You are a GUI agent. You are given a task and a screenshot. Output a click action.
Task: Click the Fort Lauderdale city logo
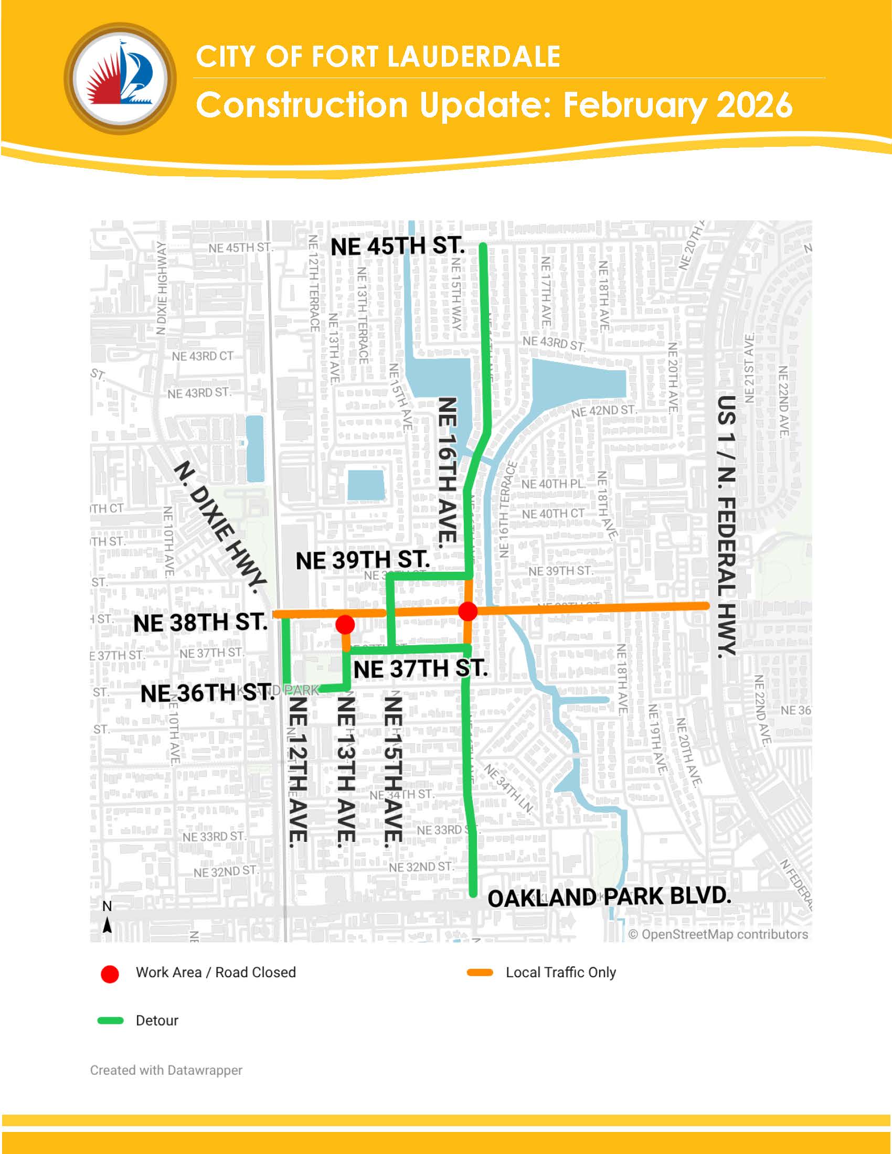point(121,78)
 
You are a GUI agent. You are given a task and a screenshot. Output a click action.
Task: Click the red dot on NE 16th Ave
point(468,611)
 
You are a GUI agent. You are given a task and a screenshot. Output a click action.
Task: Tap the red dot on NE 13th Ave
point(345,625)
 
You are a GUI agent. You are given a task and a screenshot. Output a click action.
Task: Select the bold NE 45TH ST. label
point(397,247)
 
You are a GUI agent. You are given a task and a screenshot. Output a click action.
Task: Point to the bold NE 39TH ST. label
point(362,560)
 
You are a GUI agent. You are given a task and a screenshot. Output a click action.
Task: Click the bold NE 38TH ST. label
point(200,623)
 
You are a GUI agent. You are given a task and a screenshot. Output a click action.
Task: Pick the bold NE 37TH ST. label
point(420,669)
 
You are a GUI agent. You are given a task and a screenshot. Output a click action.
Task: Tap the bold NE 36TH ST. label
point(207,693)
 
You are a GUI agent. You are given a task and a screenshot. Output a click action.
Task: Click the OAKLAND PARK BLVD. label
point(609,897)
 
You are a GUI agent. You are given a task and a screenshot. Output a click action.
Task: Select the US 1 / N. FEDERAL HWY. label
point(727,526)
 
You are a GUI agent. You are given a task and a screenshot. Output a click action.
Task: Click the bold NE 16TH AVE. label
point(447,472)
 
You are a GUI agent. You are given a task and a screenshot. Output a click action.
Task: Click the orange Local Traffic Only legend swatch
point(480,973)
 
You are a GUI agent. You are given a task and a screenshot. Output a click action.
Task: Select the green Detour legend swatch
point(110,1020)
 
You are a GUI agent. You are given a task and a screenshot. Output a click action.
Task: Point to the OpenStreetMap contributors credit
point(718,934)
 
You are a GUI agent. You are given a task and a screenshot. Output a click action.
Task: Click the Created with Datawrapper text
point(166,1070)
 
